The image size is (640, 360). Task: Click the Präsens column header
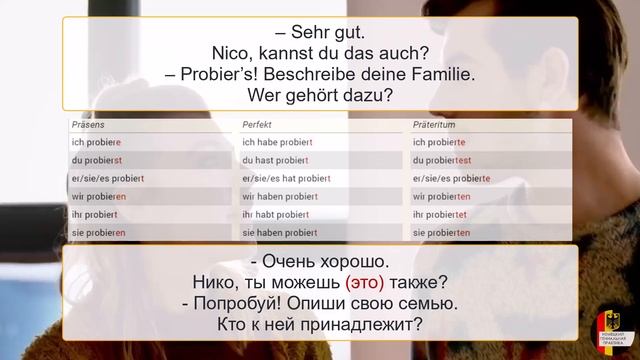pos(87,125)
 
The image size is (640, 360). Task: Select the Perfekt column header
pos(258,125)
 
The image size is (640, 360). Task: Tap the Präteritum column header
pos(435,125)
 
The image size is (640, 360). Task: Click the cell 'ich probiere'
pos(96,142)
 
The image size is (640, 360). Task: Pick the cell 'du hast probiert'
pos(275,160)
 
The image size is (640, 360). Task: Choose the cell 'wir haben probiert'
pos(279,196)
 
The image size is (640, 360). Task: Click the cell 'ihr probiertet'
pos(440,214)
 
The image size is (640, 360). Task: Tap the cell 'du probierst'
pos(96,160)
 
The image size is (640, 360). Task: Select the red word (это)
pos(365,281)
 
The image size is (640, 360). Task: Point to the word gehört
pos(314,96)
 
